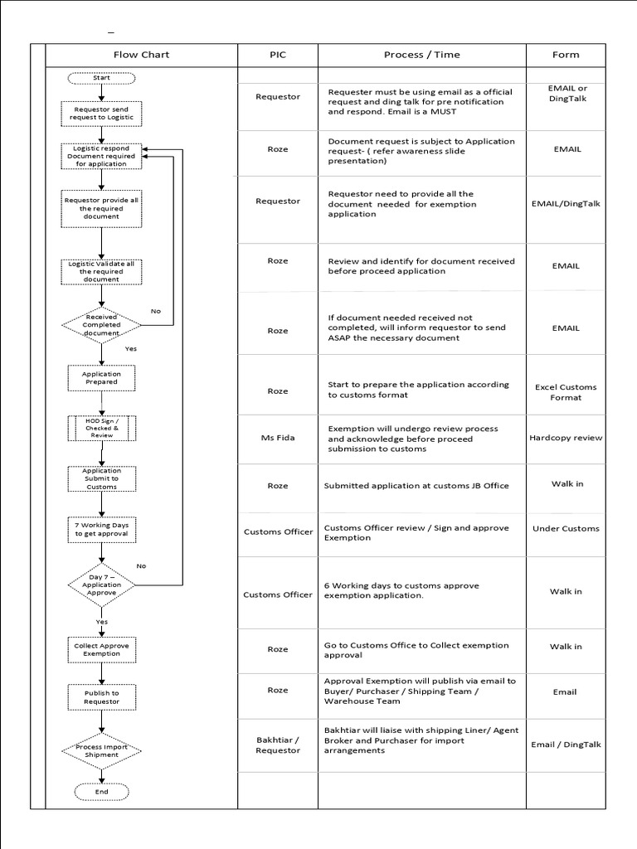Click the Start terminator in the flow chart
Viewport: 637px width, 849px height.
101,77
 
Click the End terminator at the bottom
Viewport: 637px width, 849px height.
101,792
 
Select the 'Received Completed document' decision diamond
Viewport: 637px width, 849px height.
101,324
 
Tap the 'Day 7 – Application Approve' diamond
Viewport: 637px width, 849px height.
101,585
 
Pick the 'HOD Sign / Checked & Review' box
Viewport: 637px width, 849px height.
101,429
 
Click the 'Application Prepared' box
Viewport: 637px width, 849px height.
101,378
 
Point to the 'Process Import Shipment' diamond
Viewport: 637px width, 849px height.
101,750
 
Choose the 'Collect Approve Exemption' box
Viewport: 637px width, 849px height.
101,649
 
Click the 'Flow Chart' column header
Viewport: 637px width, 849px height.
141,55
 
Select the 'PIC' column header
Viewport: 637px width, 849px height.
278,55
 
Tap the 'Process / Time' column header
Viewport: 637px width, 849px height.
421,55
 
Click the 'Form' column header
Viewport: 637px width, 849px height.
566,55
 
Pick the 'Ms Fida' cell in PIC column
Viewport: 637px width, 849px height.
278,438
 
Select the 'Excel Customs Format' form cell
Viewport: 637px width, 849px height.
566,392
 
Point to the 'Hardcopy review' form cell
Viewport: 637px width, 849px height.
566,438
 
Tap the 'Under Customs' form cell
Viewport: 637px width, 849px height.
566,528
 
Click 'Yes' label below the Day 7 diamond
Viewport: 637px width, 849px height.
102,621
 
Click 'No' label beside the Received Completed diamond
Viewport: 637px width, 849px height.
155,311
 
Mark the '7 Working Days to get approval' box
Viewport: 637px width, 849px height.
101,529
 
